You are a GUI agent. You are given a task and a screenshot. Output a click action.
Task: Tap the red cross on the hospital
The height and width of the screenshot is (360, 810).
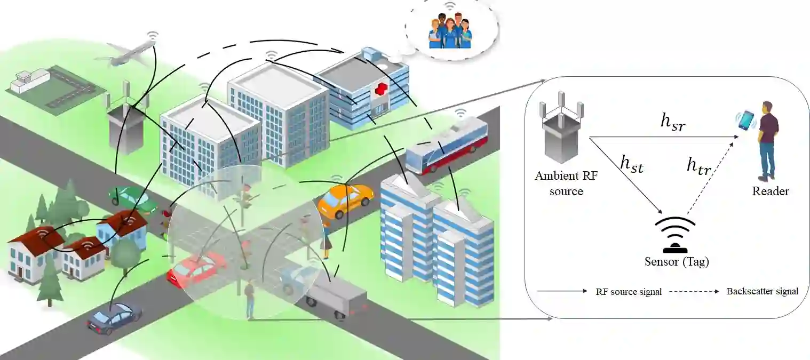(380, 90)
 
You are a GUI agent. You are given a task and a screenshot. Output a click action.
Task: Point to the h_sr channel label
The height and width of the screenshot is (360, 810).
(673, 122)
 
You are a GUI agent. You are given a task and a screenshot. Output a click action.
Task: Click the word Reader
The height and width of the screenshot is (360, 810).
(770, 191)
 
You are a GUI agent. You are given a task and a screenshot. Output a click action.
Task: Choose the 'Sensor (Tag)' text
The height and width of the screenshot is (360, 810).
(677, 262)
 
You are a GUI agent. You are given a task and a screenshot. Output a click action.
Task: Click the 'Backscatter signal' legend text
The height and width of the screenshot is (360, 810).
(762, 291)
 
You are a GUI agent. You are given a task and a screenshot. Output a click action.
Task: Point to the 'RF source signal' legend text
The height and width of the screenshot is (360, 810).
(629, 292)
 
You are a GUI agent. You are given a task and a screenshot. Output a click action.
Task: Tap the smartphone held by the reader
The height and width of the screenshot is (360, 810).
(747, 120)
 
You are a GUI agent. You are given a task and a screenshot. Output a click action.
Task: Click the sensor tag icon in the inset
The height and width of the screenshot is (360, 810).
(676, 235)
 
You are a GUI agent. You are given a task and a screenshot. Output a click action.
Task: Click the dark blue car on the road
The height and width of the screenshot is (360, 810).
(114, 318)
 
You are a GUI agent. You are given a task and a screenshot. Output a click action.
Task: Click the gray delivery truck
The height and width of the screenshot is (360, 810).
(336, 298)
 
